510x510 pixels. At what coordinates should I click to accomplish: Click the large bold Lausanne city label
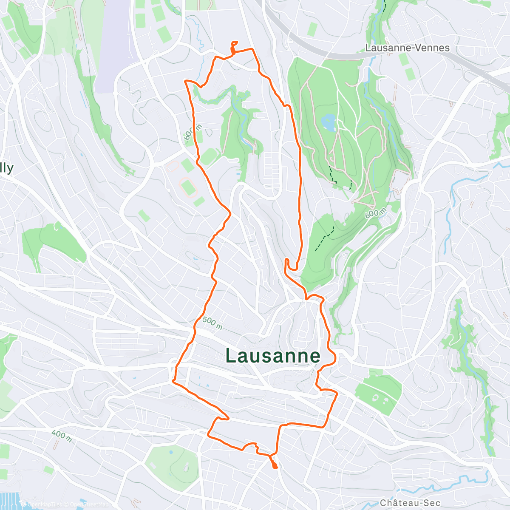click(272, 356)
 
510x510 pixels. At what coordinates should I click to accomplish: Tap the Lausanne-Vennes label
click(407, 48)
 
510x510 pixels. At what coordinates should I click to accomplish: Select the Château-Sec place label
click(410, 503)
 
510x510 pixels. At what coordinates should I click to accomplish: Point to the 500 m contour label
click(212, 323)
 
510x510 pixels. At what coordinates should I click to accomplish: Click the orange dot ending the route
click(275, 466)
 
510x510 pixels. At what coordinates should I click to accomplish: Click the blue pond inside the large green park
click(328, 122)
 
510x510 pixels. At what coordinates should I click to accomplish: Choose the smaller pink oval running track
click(172, 165)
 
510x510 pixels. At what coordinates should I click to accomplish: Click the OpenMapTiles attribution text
click(45, 504)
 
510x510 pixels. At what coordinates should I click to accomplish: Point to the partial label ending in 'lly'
click(6, 168)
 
